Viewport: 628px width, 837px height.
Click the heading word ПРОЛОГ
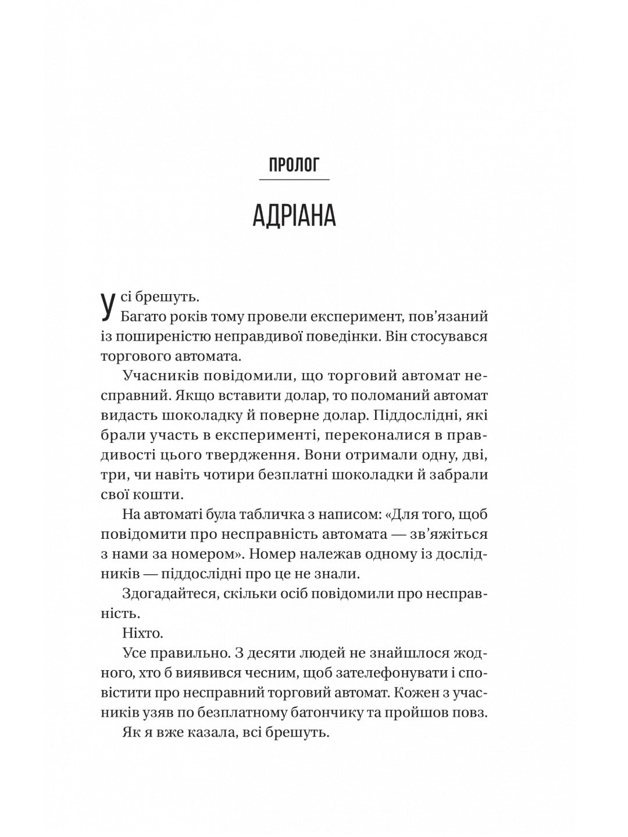[294, 166]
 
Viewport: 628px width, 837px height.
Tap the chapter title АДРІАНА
[294, 216]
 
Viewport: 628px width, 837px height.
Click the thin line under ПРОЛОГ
[294, 180]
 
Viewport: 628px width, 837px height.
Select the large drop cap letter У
[106, 307]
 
